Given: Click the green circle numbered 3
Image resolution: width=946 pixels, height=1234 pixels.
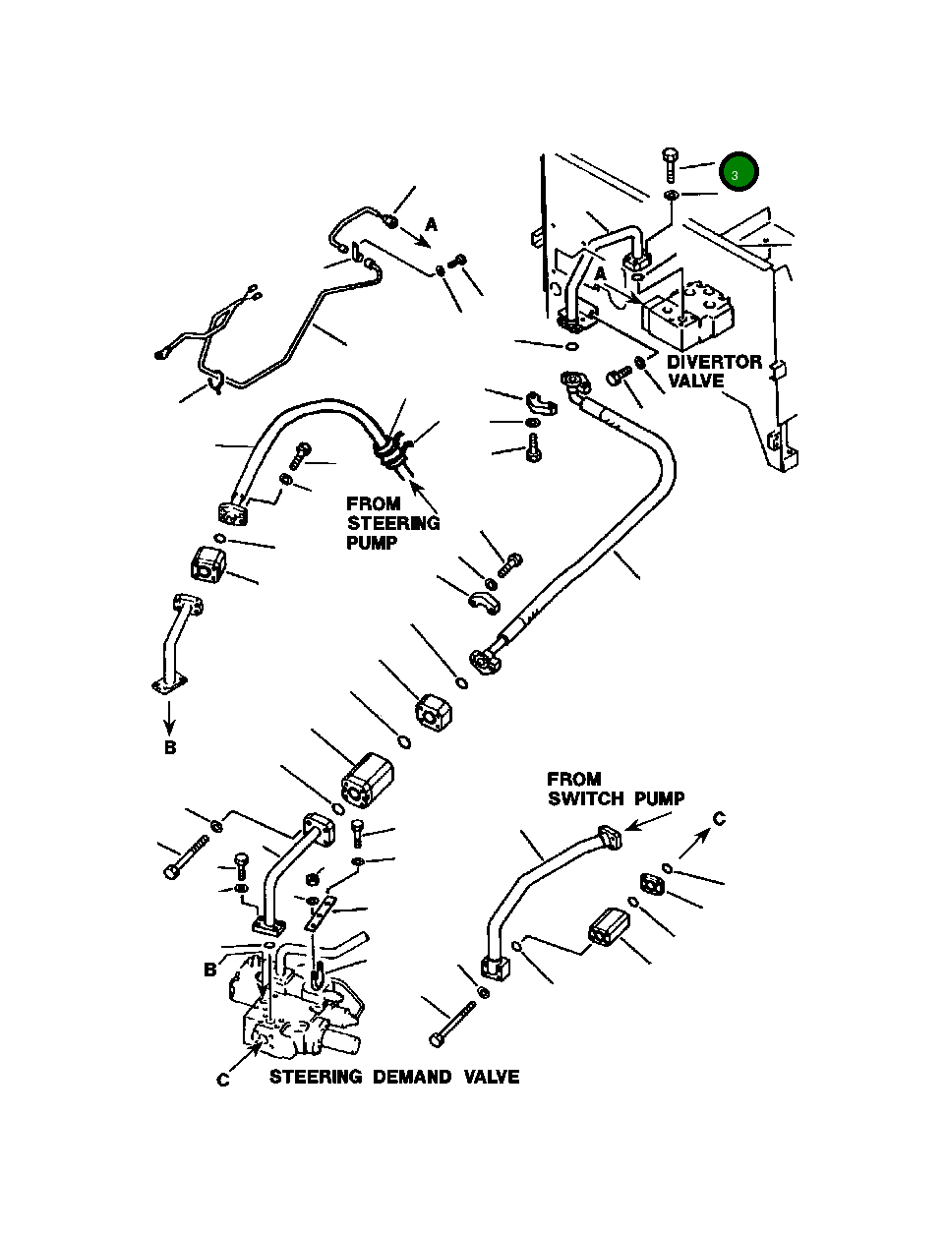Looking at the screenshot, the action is pos(739,171).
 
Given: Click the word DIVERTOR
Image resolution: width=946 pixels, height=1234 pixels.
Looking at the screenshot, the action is pos(714,362).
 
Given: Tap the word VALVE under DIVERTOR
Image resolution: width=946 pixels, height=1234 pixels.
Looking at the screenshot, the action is pos(696,382).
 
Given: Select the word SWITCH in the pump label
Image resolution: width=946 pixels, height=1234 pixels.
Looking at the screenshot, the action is pos(586,799).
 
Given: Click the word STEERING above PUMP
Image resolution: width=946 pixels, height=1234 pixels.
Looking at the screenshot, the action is pos(393,523).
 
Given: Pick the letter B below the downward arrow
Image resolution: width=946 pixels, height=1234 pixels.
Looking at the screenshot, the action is pos(170,747).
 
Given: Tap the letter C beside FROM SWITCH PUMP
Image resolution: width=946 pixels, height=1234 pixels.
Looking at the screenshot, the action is pos(719,819).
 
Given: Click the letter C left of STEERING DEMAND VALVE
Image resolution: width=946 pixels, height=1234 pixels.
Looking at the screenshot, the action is pos(223,1080).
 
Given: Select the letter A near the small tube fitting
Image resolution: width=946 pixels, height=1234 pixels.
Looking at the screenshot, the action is pos(432,225).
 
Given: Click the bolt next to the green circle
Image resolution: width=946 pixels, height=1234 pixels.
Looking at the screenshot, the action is pos(670,164).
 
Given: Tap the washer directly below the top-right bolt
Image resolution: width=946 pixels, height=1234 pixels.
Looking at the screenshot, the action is pos(672,196).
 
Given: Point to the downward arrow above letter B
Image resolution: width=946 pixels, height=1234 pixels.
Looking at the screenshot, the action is pos(169,718).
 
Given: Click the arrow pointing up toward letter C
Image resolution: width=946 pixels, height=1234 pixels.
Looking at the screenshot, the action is pos(694,843).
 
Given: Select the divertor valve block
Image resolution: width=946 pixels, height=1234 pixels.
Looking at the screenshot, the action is pos(687,316).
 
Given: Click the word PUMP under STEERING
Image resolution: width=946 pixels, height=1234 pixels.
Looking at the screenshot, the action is pos(372,543).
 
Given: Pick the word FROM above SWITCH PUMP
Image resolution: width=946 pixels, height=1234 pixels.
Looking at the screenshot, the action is pos(573,779).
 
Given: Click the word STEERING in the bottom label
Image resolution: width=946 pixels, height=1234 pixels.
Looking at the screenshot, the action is pos(316,1078).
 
